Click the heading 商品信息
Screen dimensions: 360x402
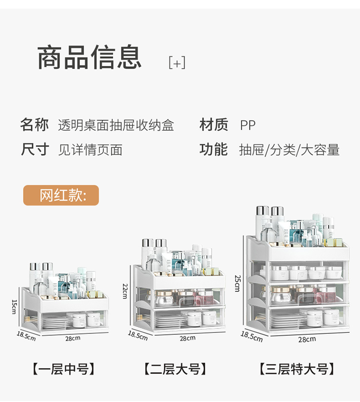click(x=89, y=58)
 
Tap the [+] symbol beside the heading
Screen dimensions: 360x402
click(x=177, y=63)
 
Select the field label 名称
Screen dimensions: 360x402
click(x=35, y=125)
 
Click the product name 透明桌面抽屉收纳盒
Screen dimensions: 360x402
click(x=116, y=125)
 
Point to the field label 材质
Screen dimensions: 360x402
click(x=214, y=125)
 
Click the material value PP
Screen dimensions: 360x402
click(x=248, y=125)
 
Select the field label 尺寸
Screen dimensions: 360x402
click(x=35, y=149)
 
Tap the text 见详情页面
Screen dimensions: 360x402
click(x=90, y=150)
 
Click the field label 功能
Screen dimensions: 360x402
click(x=214, y=149)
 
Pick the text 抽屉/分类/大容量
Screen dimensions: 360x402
click(x=289, y=150)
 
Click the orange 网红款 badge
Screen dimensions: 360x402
click(x=61, y=195)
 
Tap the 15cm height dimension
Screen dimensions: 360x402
click(x=14, y=306)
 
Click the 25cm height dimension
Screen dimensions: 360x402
click(x=237, y=283)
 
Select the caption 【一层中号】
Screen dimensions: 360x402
click(x=63, y=369)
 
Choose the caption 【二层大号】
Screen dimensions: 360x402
click(x=175, y=369)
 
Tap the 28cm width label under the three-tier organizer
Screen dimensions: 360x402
click(x=307, y=340)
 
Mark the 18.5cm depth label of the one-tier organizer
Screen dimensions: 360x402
click(x=26, y=336)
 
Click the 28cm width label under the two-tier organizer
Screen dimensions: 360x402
click(x=187, y=338)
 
